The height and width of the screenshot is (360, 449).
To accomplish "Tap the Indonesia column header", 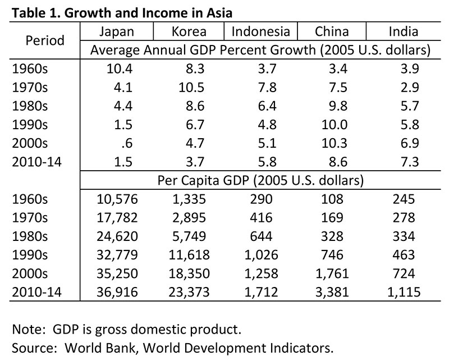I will click(260, 32).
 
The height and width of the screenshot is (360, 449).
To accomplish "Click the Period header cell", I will click(45, 40).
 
